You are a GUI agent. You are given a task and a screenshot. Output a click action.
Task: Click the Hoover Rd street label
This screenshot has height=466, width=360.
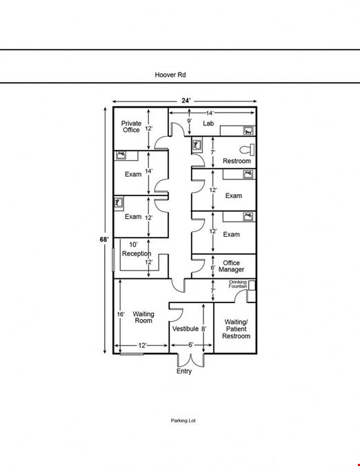pos(170,75)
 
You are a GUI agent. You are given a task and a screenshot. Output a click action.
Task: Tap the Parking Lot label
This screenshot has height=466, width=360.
pos(183,420)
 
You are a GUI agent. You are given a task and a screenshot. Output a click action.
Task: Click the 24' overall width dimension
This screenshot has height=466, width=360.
pos(186,101)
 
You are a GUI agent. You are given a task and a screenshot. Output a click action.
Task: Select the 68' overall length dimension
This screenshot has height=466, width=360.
pos(104,240)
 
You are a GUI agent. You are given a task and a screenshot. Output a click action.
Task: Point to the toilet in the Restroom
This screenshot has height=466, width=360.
pos(247,150)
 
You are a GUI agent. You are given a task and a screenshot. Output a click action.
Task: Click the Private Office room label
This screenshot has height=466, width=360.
pos(131,126)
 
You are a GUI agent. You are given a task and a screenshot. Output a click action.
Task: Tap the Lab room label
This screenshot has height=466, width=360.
pos(208,123)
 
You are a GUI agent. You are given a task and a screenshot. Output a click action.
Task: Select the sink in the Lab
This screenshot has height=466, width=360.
pos(248,130)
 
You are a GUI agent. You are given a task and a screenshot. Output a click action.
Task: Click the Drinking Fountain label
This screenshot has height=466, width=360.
pos(238,284)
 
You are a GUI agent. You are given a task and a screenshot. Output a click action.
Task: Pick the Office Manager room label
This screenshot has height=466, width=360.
pos(231,266)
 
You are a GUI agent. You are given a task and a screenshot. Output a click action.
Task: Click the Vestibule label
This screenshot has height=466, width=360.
pos(186,329)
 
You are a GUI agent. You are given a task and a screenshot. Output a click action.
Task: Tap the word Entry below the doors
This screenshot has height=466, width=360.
pos(184,371)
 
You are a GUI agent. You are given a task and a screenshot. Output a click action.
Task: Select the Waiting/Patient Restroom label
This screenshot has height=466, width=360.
pos(237,329)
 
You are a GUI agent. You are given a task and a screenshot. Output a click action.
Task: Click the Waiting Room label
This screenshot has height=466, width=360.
pos(143,317)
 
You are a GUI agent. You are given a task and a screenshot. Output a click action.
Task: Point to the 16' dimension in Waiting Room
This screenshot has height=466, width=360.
pos(121,314)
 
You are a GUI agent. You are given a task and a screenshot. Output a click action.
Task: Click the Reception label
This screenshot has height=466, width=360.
pos(137,253)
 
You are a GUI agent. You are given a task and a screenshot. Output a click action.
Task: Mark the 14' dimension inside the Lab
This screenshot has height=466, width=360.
pos(210,113)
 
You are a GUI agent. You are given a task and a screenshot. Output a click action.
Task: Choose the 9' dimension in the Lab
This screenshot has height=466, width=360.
pos(189,121)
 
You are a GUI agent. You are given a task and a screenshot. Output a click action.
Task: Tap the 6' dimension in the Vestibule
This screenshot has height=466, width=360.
pos(191,344)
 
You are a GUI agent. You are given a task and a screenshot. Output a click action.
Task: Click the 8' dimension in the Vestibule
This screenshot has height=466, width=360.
pos(203,329)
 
